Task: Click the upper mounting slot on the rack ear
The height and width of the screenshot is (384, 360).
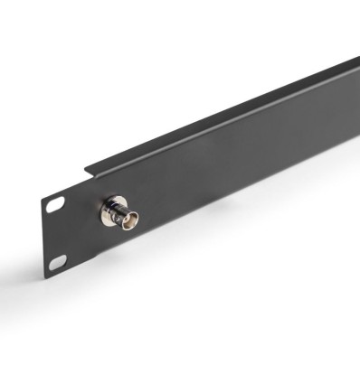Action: (56, 205)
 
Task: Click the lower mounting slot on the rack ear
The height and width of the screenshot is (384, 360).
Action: (57, 262)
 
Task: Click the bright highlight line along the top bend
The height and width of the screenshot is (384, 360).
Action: (226, 117)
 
